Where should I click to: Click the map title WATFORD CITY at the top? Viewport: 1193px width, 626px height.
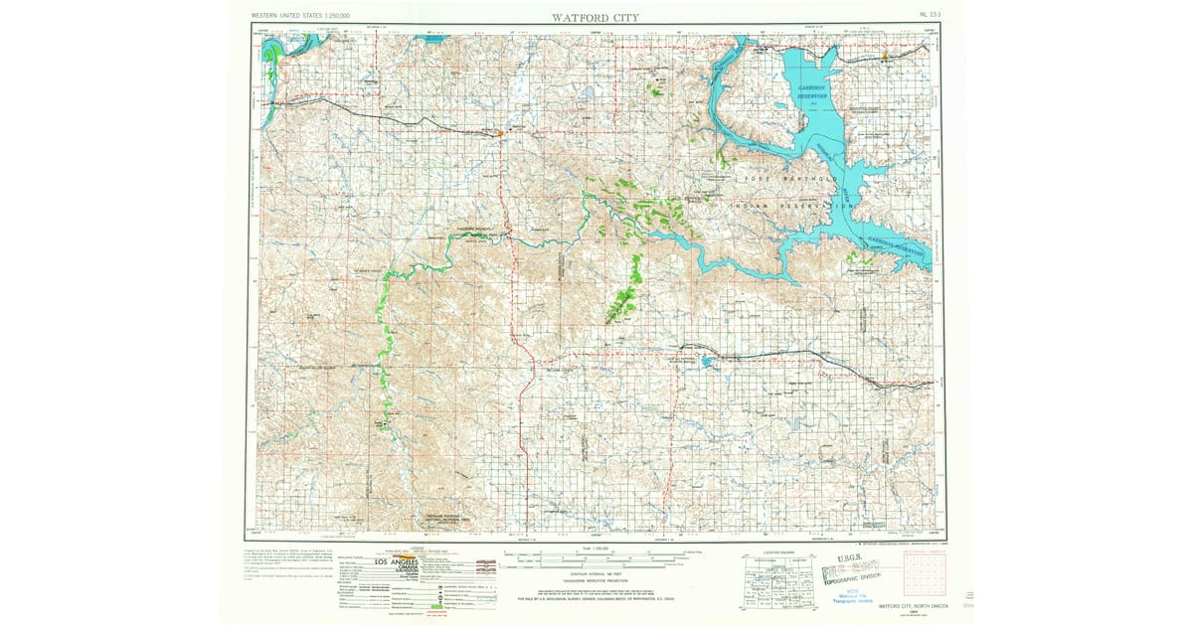point(596,17)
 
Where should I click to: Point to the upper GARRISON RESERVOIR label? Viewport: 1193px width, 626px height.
point(817,89)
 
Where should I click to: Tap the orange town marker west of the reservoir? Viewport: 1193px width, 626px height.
point(502,131)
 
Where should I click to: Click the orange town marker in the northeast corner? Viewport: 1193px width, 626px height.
point(884,57)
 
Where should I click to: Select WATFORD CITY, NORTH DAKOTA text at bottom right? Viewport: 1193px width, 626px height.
point(908,605)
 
